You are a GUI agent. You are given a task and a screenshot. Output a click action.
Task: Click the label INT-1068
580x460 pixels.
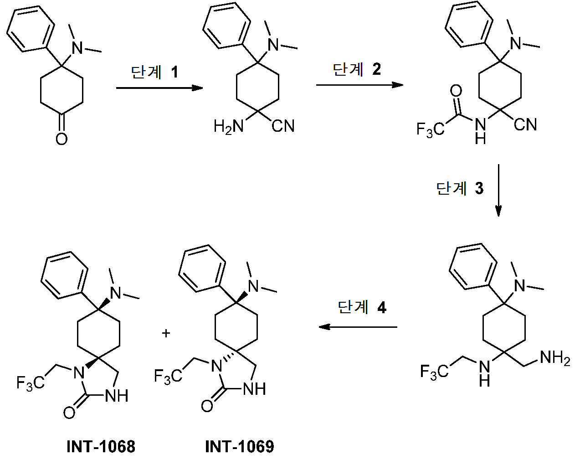point(101,446)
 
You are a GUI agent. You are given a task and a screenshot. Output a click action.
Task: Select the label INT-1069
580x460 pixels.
point(240,446)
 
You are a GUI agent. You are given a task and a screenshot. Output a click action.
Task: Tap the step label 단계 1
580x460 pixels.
point(154,72)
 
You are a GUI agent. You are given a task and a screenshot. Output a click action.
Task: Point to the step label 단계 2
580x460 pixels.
point(357,69)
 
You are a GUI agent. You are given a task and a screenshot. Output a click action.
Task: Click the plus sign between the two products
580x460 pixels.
point(166,333)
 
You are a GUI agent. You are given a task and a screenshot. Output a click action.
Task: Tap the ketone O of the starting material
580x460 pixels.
point(62,138)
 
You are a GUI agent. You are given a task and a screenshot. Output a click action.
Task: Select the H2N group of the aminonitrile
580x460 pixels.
point(229,126)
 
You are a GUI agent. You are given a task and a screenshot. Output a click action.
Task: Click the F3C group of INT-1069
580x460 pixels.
point(168,376)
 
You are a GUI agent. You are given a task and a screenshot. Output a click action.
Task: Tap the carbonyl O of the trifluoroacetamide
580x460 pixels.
point(456,91)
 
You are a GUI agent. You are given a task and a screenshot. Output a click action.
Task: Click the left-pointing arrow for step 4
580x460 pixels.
point(358,327)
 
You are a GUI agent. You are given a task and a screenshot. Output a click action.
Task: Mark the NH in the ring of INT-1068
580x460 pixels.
point(117,396)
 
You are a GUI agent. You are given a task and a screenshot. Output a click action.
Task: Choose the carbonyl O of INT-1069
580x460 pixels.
point(207,405)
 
